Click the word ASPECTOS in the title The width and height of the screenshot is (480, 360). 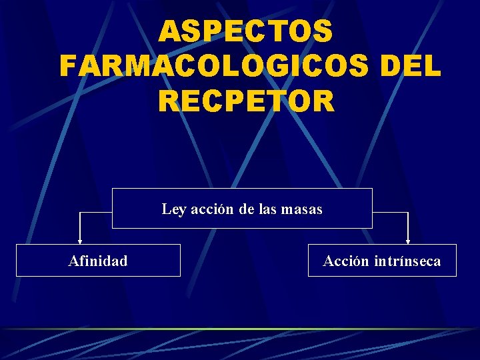click(246, 31)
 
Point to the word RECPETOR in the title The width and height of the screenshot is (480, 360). click(246, 101)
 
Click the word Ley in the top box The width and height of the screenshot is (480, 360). click(174, 209)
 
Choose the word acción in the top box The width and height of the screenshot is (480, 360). click(213, 209)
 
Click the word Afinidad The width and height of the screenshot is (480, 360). click(98, 261)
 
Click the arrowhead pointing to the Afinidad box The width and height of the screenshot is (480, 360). click(80, 241)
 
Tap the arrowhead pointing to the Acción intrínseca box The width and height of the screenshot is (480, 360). click(408, 241)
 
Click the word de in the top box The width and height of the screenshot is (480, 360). click(246, 209)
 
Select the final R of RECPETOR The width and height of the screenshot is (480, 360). click(323, 101)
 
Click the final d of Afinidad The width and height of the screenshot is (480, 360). click(123, 261)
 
